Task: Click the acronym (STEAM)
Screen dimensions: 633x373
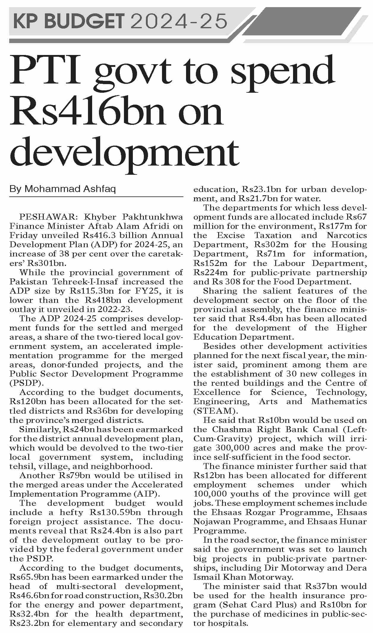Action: tap(214, 411)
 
